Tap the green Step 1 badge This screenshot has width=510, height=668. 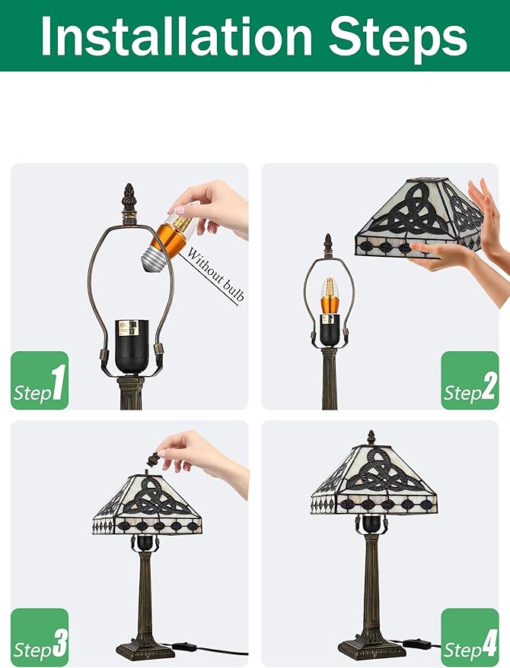(x=40, y=380)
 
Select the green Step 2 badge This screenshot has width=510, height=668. (x=470, y=380)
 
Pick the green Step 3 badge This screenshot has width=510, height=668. (x=40, y=638)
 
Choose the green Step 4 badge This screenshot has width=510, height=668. (x=470, y=638)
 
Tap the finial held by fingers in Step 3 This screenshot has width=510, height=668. (x=154, y=459)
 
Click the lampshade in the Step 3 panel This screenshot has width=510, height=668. (x=147, y=505)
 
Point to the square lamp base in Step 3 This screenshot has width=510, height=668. (x=145, y=650)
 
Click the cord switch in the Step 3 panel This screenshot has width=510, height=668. (x=184, y=647)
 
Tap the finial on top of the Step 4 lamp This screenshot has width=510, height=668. (x=371, y=438)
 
